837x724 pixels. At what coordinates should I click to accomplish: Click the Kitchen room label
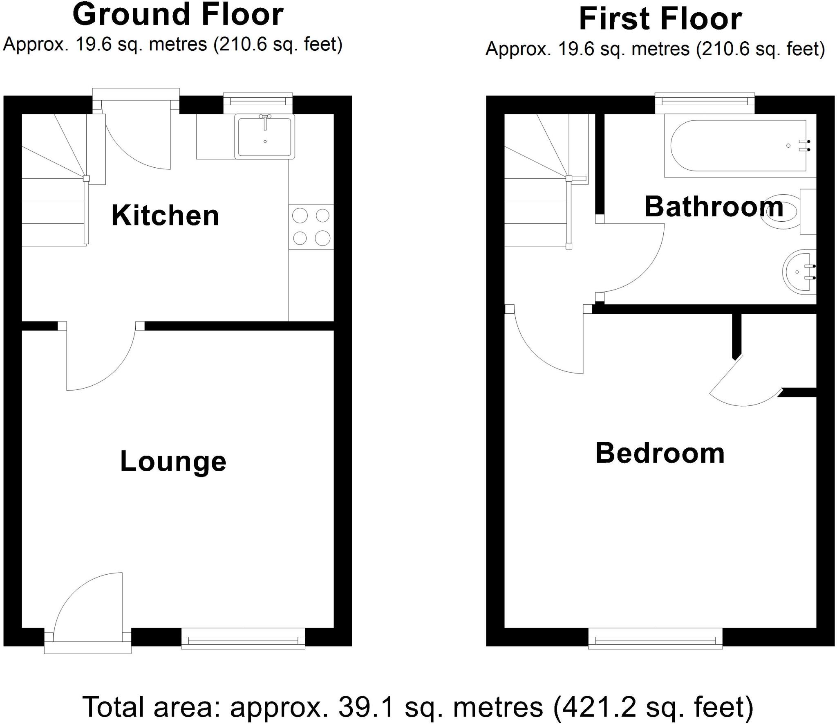165,215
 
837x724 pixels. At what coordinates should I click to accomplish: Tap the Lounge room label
173,461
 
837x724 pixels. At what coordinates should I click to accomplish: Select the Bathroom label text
714,207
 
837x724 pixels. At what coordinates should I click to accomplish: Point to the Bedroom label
660,453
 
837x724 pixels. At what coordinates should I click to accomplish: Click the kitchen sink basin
265,137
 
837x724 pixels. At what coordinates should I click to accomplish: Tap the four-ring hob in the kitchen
311,227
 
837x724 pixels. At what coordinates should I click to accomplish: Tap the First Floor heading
660,19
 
